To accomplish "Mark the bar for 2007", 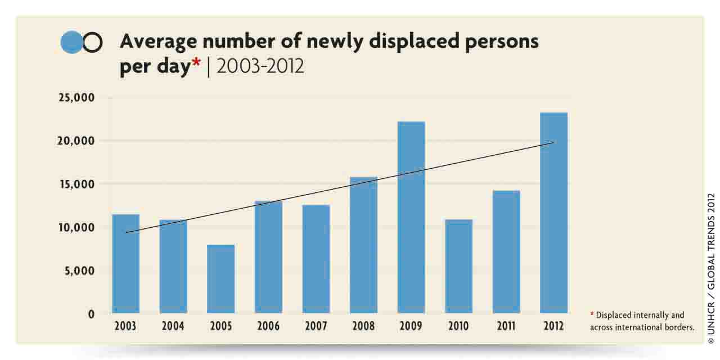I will click(x=316, y=259).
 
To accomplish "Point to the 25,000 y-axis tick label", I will click(x=75, y=98).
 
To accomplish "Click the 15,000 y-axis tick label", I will click(x=75, y=184).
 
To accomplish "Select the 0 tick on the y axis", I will click(x=91, y=314).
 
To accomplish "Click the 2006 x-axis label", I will click(x=268, y=326).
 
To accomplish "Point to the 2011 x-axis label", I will click(x=506, y=326).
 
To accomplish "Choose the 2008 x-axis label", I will click(x=363, y=326).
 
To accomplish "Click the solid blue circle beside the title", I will click(x=71, y=42).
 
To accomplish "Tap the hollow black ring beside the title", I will click(x=93, y=42).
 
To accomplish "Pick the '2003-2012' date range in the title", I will click(x=260, y=66).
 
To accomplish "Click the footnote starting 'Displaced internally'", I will click(x=641, y=321).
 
